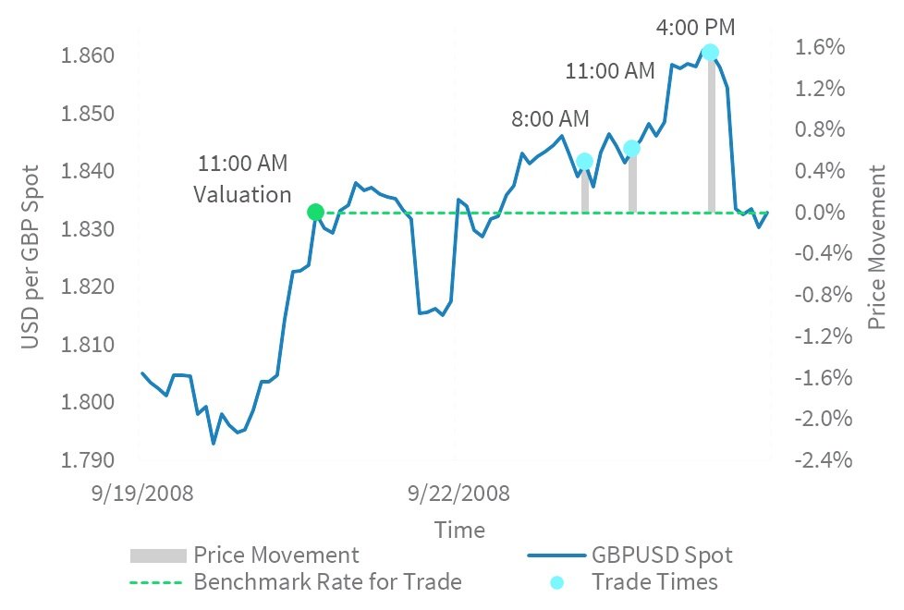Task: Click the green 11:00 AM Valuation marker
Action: (315, 213)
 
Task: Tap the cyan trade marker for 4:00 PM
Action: (710, 53)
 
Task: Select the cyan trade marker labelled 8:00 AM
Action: (584, 161)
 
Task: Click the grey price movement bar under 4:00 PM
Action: (711, 139)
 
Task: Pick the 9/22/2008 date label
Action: (458, 492)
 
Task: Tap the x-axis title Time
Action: (459, 530)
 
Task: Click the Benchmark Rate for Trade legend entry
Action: (326, 581)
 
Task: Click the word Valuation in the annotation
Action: (242, 194)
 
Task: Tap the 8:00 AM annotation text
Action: (550, 119)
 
